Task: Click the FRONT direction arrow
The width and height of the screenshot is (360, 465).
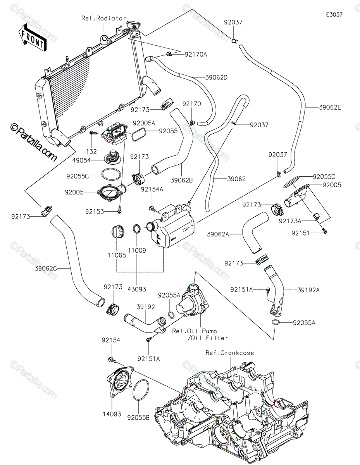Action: click(32, 38)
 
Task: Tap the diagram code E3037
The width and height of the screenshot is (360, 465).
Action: click(334, 15)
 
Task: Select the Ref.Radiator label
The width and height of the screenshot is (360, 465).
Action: click(104, 18)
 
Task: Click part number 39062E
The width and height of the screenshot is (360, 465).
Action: click(330, 107)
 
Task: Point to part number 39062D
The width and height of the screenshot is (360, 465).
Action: click(216, 77)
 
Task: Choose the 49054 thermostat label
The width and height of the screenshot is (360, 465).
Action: click(81, 160)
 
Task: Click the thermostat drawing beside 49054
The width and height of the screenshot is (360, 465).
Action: click(112, 157)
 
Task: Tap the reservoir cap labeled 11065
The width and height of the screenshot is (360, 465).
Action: click(117, 232)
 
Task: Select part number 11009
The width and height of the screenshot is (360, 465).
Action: click(137, 250)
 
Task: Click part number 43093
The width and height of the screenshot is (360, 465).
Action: click(137, 289)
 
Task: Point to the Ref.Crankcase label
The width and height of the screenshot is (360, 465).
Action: click(229, 353)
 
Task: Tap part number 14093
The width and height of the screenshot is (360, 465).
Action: click(112, 414)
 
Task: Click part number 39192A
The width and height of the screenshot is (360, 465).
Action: click(308, 290)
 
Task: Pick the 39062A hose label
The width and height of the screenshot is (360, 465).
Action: click(218, 234)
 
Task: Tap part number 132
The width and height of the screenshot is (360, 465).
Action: click(91, 152)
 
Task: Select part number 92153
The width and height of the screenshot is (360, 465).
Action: click(95, 212)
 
